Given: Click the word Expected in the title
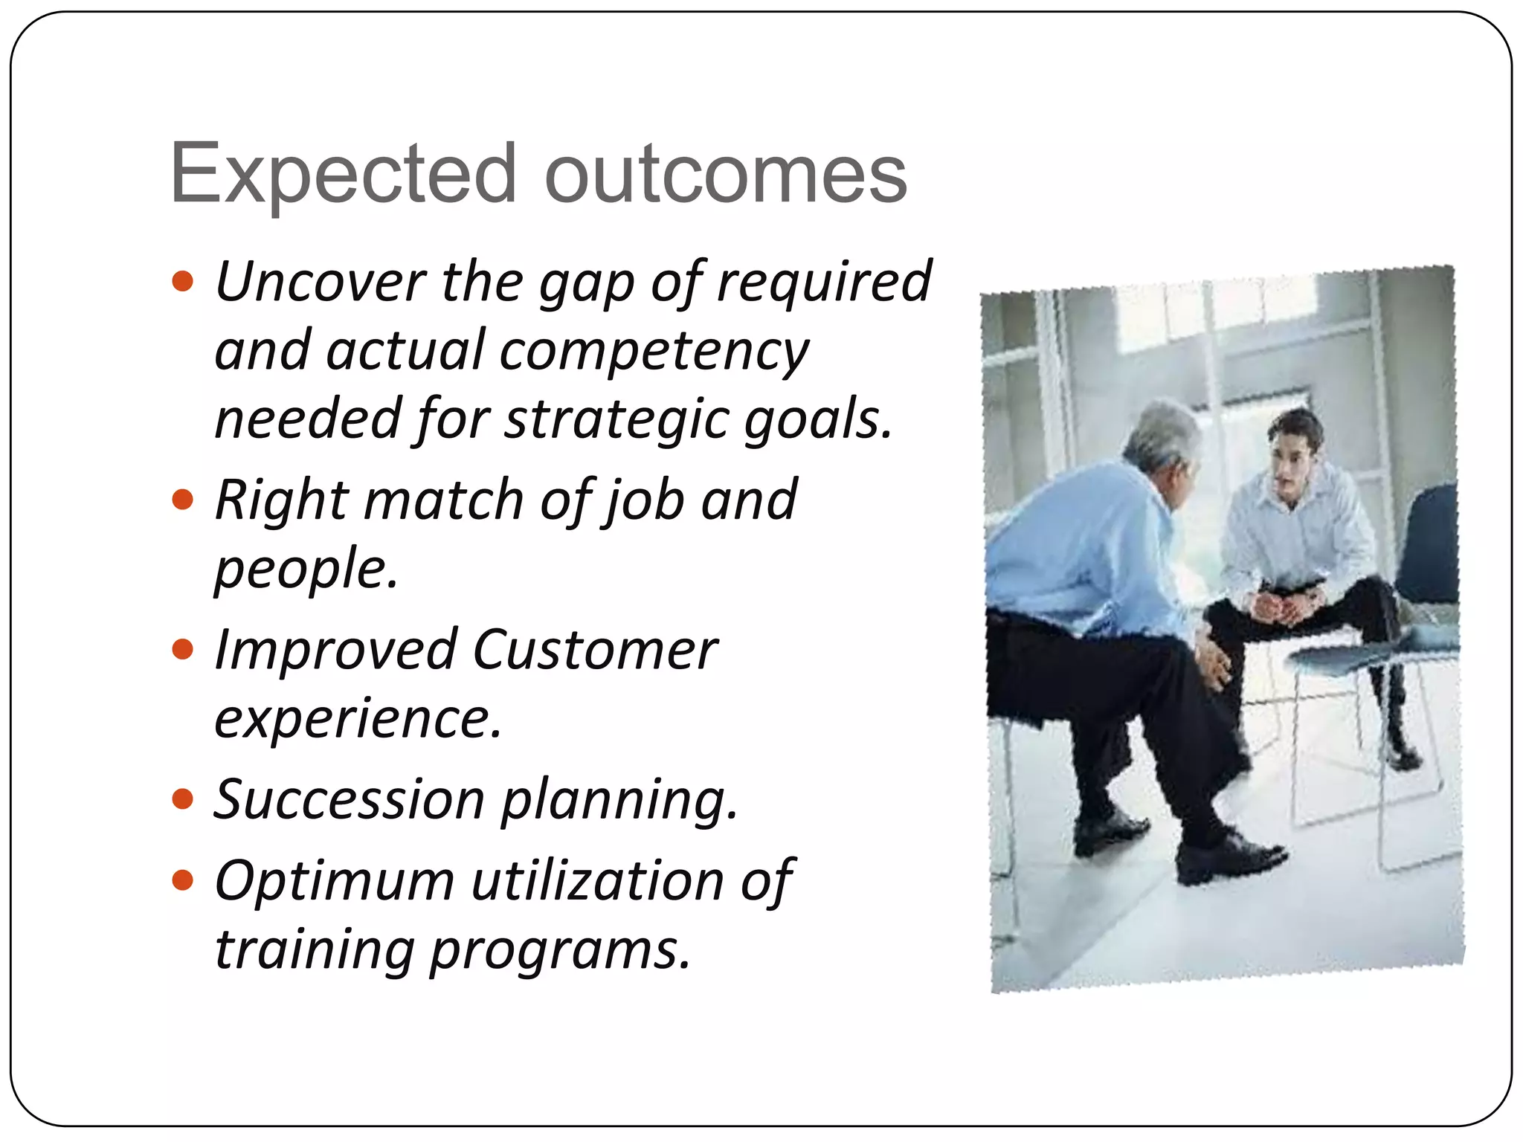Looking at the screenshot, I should [342, 175].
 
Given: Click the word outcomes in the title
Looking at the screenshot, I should [725, 175].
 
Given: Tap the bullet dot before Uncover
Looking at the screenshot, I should [182, 282].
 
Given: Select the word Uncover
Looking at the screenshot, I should [320, 282].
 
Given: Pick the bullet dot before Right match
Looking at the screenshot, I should [182, 499].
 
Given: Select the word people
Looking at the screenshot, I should [305, 570].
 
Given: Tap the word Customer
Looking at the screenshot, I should [595, 650].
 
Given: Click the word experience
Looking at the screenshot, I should [357, 719].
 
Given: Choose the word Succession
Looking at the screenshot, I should [350, 800].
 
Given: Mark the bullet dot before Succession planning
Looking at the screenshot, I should [182, 800].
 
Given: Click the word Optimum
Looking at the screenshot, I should [335, 881].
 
